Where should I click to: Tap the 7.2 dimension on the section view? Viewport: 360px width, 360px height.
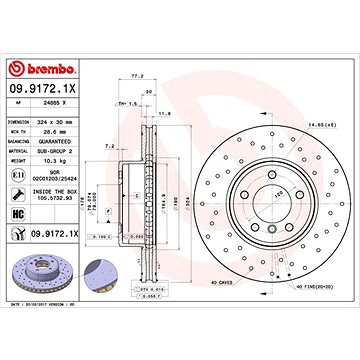(108, 145)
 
